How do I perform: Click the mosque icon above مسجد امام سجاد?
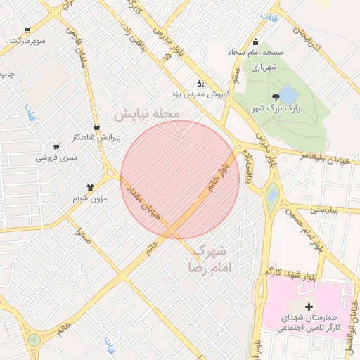tap(255, 41)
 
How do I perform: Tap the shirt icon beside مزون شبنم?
tap(91, 187)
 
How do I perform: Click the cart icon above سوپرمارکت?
tap(27, 30)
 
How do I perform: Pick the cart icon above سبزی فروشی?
tap(56, 147)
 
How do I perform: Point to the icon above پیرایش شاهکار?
tap(96, 127)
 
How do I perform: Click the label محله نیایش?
tap(148, 113)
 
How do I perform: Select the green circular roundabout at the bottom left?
tap(34, 340)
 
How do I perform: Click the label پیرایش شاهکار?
tap(97, 138)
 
